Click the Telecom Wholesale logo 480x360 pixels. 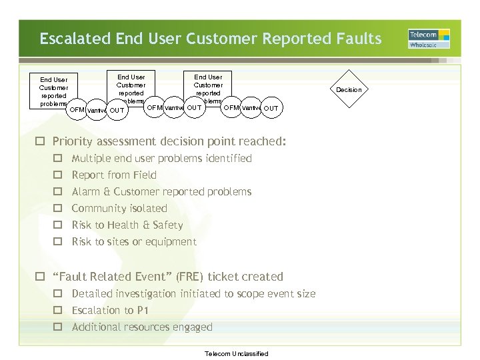coord(429,39)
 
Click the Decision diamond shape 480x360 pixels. coord(349,89)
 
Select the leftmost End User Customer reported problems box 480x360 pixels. coord(53,91)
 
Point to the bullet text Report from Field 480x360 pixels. coord(114,175)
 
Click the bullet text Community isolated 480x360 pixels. coord(119,209)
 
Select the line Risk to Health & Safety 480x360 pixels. coord(127,225)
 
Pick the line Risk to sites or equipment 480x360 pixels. coord(134,242)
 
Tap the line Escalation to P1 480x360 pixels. coord(110,311)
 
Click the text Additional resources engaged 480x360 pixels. coord(142,327)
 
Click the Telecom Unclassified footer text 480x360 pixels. coord(237,353)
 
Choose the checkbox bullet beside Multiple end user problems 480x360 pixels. coord(58,159)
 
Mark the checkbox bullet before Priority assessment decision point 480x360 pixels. coord(41,141)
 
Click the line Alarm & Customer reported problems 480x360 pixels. coord(161,192)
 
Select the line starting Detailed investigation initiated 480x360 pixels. coord(193,294)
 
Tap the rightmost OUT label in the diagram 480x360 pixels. coord(271,108)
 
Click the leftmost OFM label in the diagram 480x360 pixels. coord(77,109)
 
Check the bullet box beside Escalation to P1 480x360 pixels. coord(58,311)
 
